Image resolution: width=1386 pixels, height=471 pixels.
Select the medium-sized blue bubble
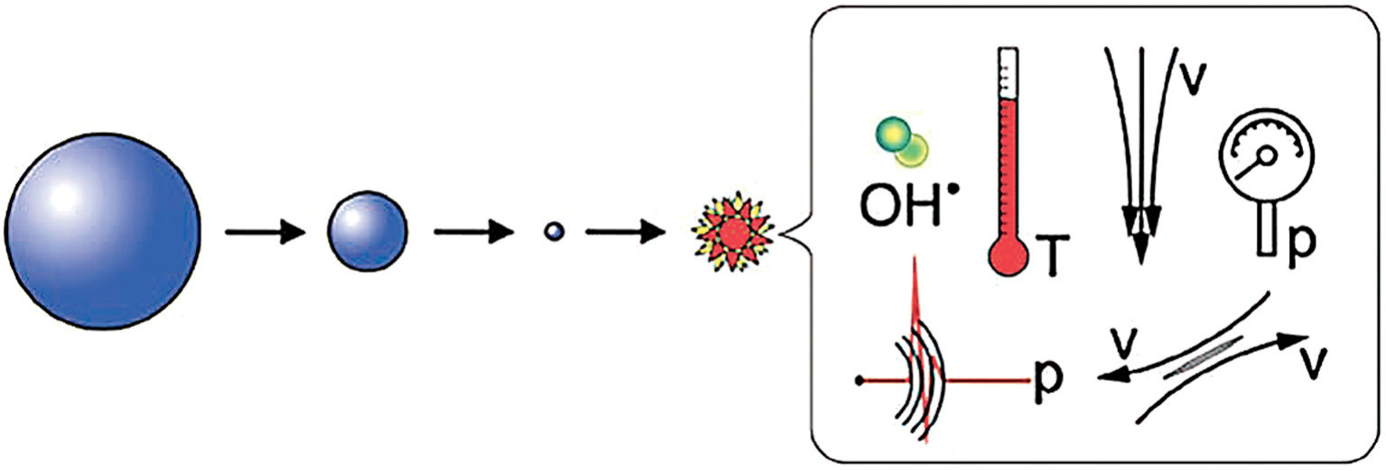pyautogui.click(x=367, y=231)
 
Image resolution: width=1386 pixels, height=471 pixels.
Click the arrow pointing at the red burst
pyautogui.click(x=628, y=233)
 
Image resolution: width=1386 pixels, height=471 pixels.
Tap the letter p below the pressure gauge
pyautogui.click(x=1301, y=241)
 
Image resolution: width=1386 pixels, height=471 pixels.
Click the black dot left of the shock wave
pyautogui.click(x=860, y=380)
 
